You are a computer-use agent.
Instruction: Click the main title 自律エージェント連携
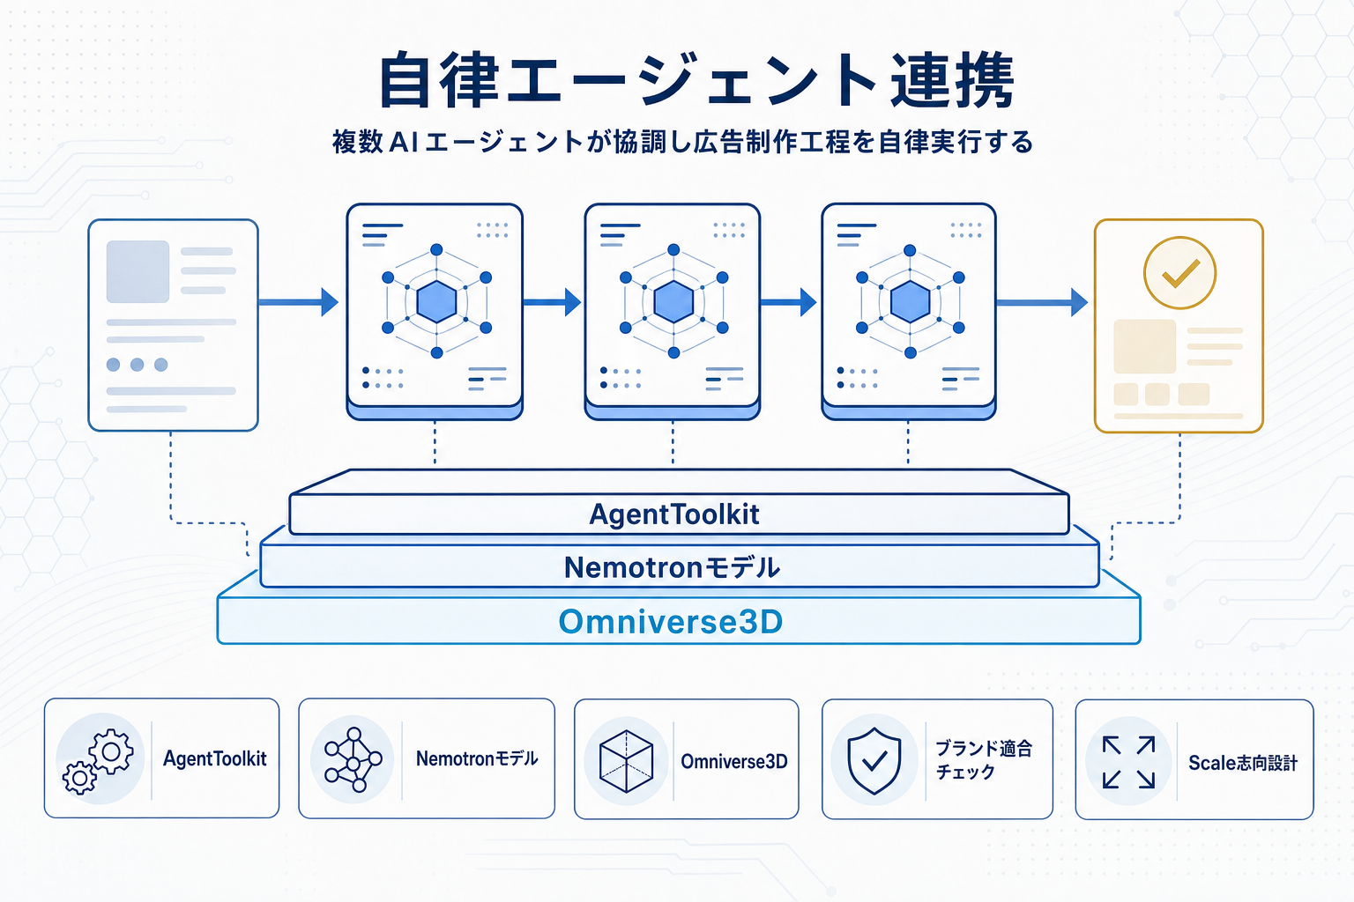(696, 81)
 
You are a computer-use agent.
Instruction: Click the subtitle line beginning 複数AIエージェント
(681, 142)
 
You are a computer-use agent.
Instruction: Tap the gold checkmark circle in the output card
(1179, 273)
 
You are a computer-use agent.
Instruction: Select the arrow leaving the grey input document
(298, 302)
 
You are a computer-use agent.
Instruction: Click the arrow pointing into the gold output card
(1041, 302)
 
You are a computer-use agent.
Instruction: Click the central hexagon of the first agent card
(436, 302)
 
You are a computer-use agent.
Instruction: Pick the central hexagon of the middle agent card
(673, 302)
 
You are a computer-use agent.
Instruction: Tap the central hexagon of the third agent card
(910, 302)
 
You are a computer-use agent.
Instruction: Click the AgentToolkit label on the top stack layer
(673, 514)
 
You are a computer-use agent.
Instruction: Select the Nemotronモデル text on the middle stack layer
(672, 567)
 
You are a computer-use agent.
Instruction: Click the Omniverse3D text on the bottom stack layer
(670, 622)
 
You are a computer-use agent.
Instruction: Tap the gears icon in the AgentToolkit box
(99, 760)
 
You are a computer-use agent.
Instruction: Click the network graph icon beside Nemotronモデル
(353, 759)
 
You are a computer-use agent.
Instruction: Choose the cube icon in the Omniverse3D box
(626, 761)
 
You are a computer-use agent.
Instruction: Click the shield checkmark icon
(874, 760)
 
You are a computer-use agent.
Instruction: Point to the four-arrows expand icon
(1128, 762)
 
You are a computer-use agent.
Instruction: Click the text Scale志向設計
(1242, 763)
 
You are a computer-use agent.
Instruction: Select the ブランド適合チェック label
(982, 759)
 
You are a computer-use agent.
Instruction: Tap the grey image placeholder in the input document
(138, 271)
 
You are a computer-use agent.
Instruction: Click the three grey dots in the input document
(137, 365)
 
